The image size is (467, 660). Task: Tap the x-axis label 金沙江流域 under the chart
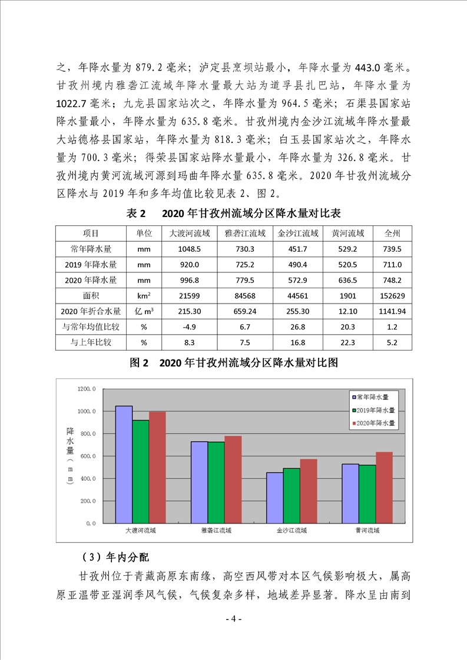292,531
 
